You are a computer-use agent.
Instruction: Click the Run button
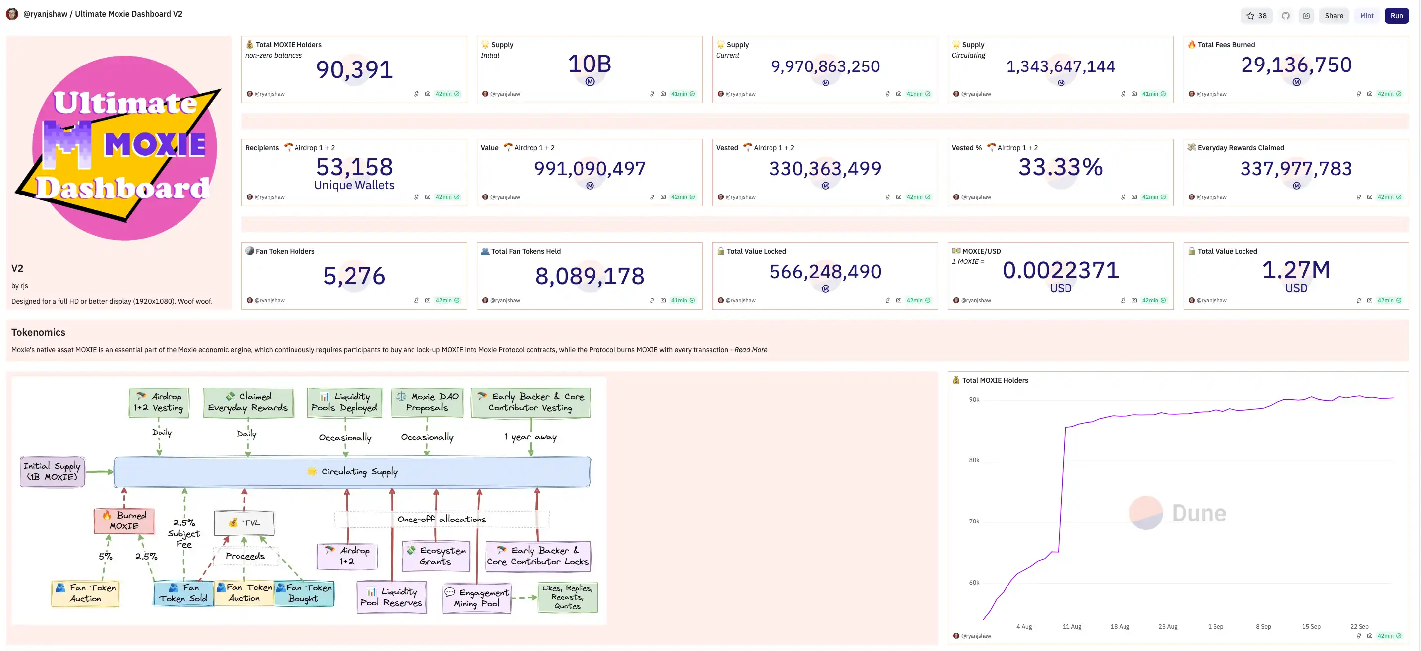click(1396, 16)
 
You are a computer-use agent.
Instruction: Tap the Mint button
click(1366, 16)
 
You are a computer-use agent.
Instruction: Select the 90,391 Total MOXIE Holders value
click(354, 69)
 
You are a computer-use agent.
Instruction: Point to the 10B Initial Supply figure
click(589, 64)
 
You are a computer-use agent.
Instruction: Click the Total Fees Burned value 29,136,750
click(1296, 65)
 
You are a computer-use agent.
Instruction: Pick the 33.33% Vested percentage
click(1060, 167)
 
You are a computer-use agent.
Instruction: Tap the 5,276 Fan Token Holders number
click(354, 276)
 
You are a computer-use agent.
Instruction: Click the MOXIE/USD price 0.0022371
click(1060, 270)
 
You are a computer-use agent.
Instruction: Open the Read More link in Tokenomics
click(750, 350)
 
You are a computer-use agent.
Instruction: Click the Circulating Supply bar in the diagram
click(352, 472)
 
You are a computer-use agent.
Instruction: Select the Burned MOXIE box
click(124, 521)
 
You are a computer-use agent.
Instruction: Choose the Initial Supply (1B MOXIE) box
click(53, 471)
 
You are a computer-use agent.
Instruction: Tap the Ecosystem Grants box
click(436, 556)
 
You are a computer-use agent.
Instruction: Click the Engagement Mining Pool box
click(477, 598)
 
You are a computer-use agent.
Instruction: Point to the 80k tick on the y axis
click(974, 460)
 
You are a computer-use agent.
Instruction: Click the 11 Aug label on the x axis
click(1072, 627)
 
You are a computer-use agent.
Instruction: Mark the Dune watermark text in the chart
click(1199, 514)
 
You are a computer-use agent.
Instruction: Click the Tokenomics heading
click(39, 332)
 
